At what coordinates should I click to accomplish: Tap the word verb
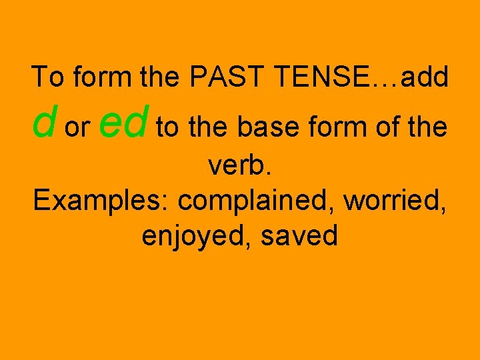coord(240,164)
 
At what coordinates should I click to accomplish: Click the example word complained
coord(256,200)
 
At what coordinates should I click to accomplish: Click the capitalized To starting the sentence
coord(48,77)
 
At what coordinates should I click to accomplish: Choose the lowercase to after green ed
coord(167,128)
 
